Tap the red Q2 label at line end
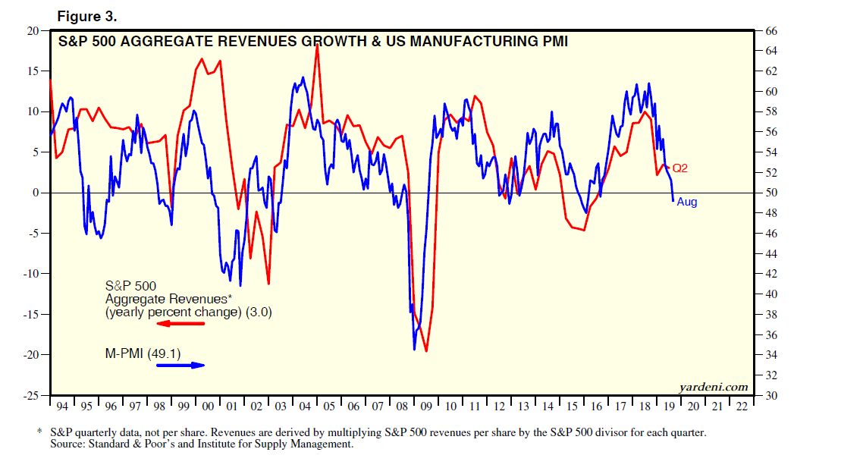679,168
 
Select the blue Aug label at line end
686,202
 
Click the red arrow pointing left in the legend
180,324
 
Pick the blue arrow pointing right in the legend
180,365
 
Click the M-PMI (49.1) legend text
143,351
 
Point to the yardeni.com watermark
714,387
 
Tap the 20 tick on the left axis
33,30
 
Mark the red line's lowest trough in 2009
426,351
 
